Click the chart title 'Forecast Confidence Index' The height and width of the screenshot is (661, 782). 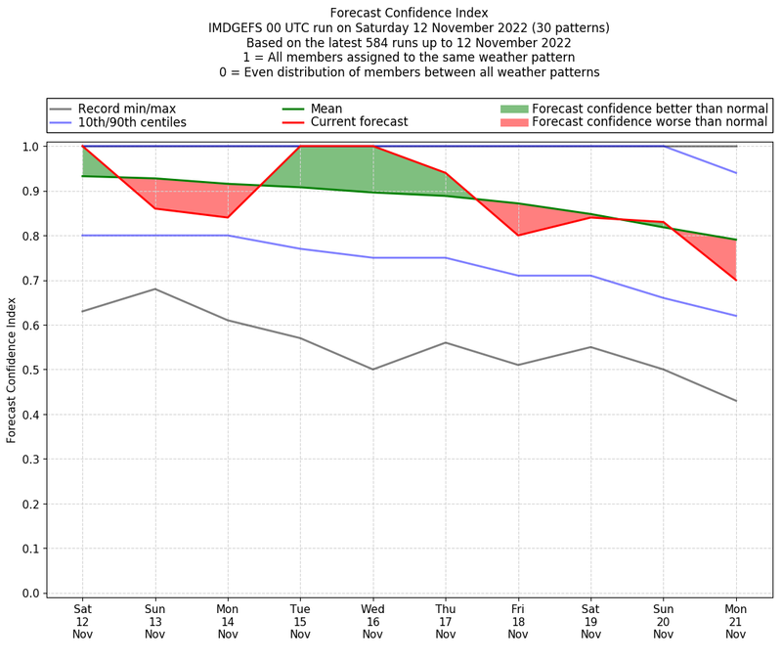click(x=409, y=13)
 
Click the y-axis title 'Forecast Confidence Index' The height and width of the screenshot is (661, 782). click(x=13, y=369)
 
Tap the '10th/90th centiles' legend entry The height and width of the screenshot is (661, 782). click(x=132, y=122)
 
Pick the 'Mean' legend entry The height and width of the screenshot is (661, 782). click(x=326, y=109)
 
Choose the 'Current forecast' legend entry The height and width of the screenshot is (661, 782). click(x=359, y=122)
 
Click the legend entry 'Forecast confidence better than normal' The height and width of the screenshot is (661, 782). click(x=650, y=109)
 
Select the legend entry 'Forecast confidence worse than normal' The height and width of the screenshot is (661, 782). click(x=650, y=122)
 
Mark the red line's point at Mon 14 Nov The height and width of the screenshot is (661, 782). click(x=228, y=217)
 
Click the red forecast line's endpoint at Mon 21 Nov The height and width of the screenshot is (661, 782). click(x=735, y=280)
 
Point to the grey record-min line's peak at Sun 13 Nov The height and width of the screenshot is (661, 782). click(x=154, y=288)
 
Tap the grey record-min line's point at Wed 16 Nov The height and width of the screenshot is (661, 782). click(x=372, y=370)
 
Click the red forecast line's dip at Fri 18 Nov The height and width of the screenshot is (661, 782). click(x=517, y=236)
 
